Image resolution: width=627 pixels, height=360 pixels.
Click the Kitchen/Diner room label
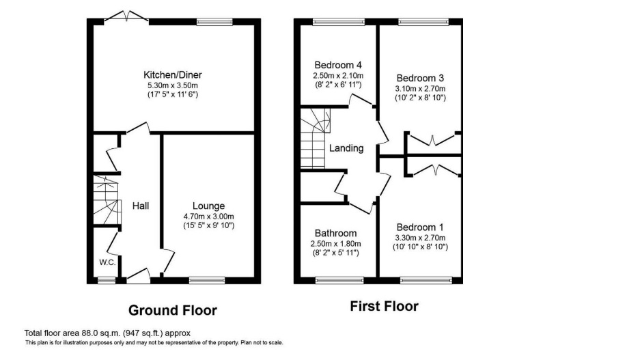pos(172,74)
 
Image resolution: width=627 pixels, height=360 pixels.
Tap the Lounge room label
pos(208,206)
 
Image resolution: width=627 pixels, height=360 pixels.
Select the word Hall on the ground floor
pos(141,206)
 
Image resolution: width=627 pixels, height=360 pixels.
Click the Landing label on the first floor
pos(346,148)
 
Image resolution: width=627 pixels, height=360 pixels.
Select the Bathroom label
pos(335,233)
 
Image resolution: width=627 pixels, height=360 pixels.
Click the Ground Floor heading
pos(172,310)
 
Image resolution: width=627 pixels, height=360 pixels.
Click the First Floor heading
pos(384,306)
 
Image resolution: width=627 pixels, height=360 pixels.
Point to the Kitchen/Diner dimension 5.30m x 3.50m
pos(172,85)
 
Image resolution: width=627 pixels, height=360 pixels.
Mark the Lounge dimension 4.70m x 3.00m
pos(208,216)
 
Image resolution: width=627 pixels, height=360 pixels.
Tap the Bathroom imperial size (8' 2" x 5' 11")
pos(335,253)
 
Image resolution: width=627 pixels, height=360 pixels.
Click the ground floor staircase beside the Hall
pos(106,201)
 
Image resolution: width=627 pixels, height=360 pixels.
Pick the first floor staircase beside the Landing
pos(314,140)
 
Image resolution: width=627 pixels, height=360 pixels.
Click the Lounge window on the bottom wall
pos(207,279)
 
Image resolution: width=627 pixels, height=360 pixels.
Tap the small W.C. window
pos(105,279)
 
